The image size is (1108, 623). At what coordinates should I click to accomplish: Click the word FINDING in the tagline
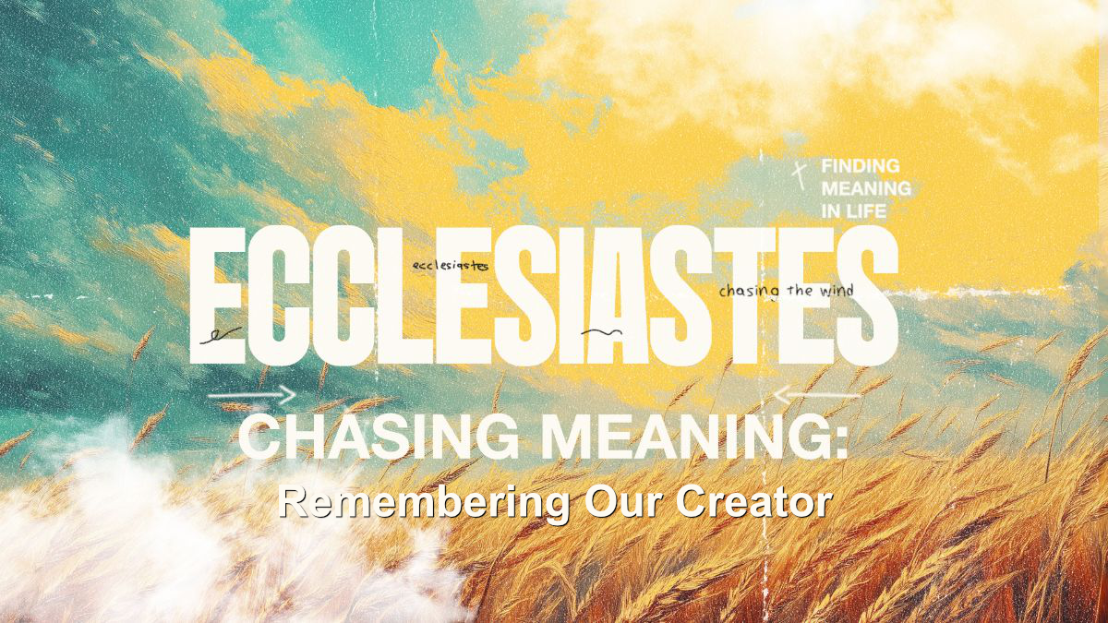tap(861, 166)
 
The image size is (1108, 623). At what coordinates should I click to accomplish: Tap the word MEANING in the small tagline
tap(866, 188)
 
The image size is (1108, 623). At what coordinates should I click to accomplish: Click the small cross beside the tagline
tap(799, 176)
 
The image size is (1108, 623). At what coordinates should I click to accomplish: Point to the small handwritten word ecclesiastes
tap(451, 266)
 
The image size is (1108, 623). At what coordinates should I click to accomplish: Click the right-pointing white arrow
tap(252, 395)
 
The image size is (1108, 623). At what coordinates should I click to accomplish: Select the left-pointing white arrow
tap(817, 395)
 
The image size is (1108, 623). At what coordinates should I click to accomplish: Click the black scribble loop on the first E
tap(220, 335)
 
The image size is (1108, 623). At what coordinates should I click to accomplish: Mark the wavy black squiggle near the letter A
tap(601, 331)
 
